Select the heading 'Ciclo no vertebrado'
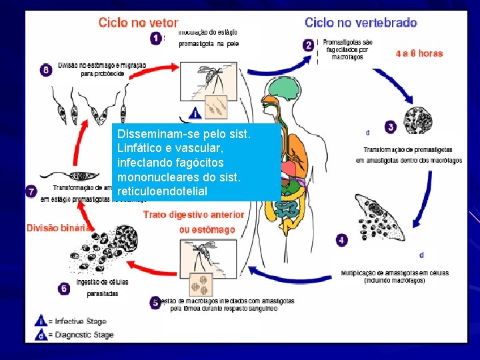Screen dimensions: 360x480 361,22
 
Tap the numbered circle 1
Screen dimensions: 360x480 155,39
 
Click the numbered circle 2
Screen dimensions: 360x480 308,45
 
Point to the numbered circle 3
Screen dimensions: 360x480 390,126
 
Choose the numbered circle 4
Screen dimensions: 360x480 342,239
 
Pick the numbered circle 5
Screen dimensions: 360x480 156,303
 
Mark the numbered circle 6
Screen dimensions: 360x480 64,289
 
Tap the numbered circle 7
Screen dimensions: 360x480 31,191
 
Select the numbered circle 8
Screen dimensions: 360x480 46,69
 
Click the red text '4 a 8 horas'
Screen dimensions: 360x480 419,53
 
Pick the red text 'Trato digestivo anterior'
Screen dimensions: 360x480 193,215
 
